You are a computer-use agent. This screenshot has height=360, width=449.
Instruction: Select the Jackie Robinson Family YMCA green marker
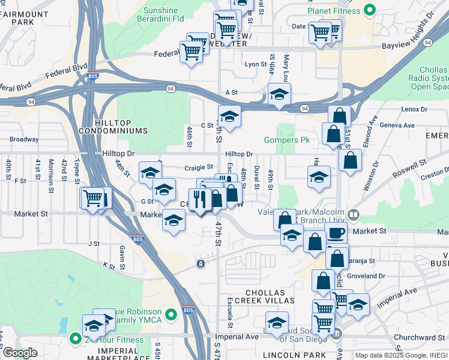pos(172,313)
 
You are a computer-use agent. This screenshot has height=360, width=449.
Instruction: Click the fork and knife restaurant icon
pos(199,199)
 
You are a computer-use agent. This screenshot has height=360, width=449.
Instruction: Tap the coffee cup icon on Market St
pos(336,232)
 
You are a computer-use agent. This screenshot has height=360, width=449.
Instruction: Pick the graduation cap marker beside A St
pos(279,94)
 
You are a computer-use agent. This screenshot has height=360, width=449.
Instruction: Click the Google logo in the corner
pos(20,353)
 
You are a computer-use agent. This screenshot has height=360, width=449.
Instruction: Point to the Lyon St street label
pos(256,64)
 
